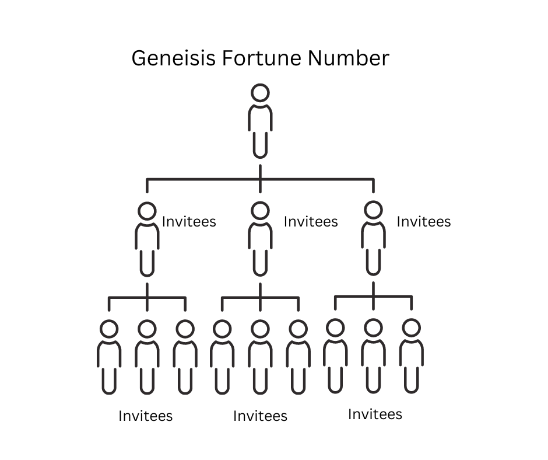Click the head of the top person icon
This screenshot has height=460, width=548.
pos(260,93)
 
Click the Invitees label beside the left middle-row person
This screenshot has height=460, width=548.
pos(189,222)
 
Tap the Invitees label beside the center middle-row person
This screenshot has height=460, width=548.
pos(311,222)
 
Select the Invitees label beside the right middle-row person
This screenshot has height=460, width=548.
pos(424,222)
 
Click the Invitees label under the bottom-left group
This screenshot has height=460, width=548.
pos(146,416)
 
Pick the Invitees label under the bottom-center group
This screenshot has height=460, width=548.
pos(260,416)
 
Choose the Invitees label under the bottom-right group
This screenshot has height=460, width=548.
pos(375,414)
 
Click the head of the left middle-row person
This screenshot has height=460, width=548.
pos(147,211)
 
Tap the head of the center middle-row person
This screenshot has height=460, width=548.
pos(260,211)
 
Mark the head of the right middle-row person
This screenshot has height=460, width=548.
pos(373,211)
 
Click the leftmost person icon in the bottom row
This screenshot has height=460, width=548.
pos(109,356)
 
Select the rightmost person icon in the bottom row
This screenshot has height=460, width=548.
pos(411,356)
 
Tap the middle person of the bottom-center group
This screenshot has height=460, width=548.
pos(260,356)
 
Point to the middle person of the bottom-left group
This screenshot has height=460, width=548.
pos(147,356)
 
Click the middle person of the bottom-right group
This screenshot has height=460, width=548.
pos(373,356)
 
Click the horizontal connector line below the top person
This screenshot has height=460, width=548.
pos(204,179)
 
